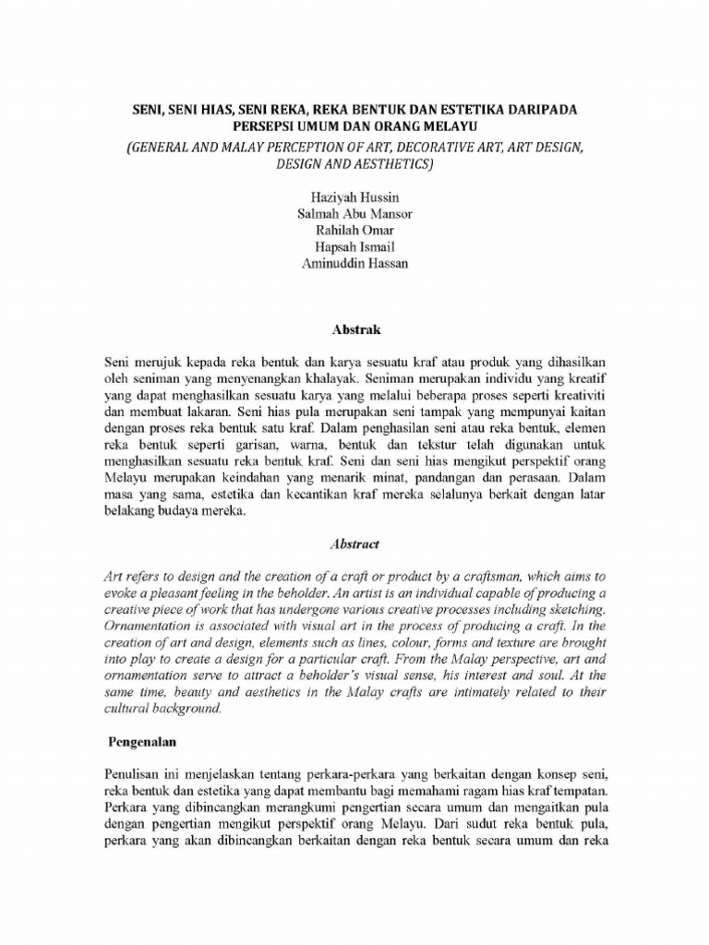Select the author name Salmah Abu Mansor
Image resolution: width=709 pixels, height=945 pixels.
click(x=354, y=214)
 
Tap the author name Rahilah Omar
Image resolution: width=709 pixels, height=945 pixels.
click(x=354, y=231)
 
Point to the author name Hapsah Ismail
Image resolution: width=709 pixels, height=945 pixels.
click(x=354, y=247)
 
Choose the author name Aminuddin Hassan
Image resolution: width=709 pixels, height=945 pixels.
click(x=354, y=264)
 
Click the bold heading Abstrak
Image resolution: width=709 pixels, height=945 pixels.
click(x=355, y=329)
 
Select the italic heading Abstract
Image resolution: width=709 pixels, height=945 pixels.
click(x=355, y=544)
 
